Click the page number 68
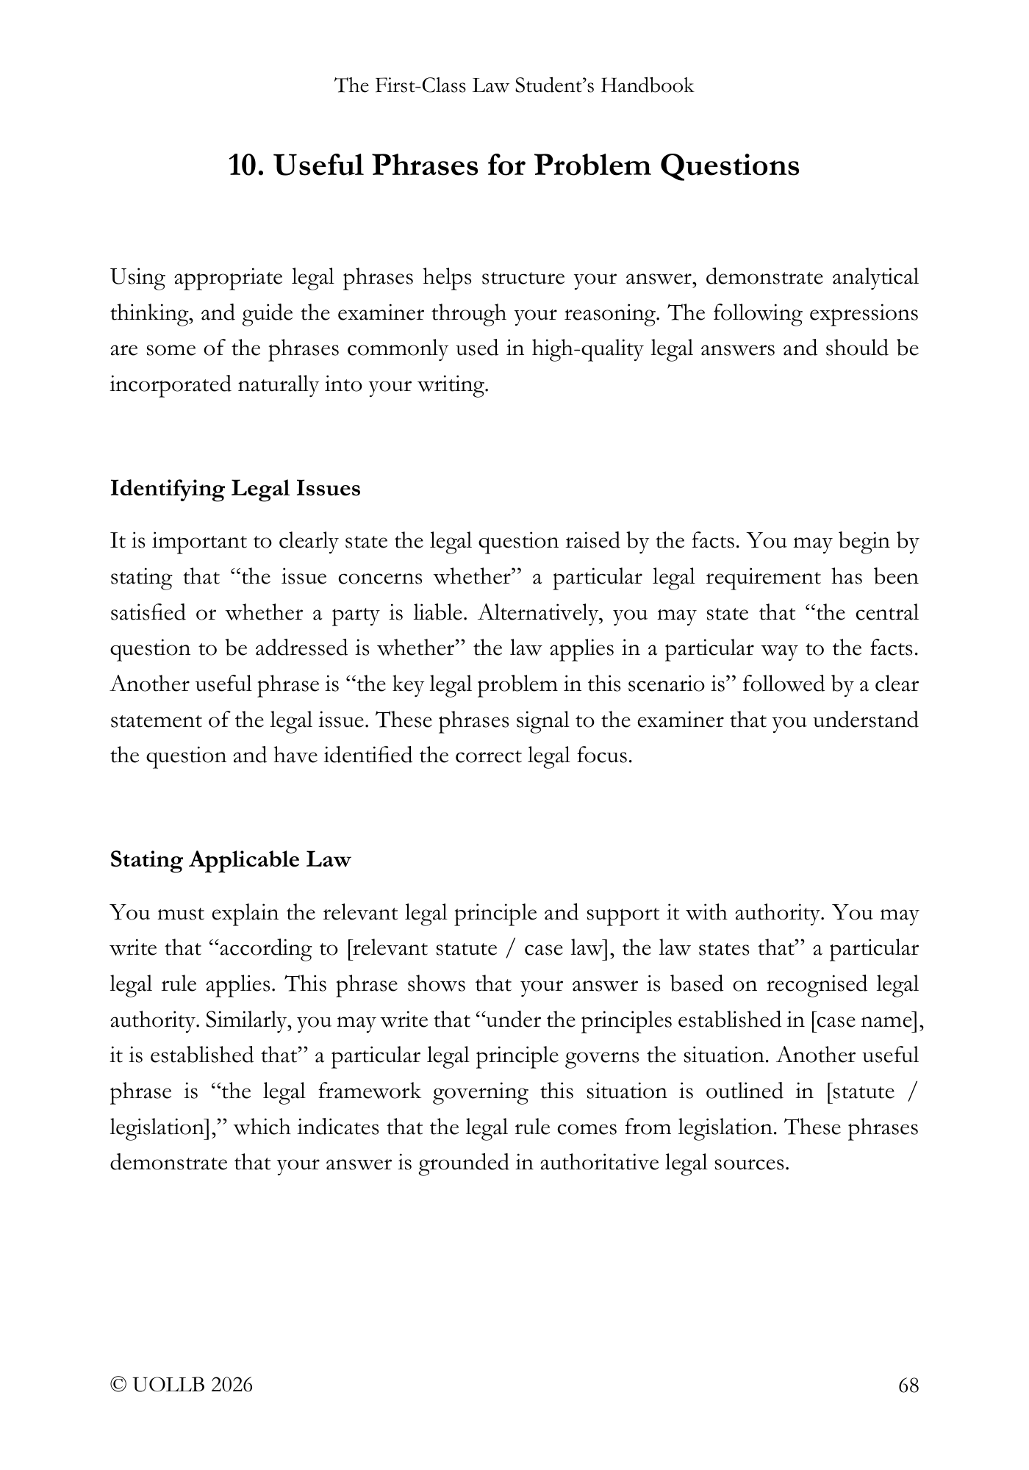click(x=908, y=1385)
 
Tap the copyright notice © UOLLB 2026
click(x=181, y=1385)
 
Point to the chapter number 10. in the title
click(x=246, y=165)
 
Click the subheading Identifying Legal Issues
click(x=235, y=488)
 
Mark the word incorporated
click(x=170, y=384)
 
